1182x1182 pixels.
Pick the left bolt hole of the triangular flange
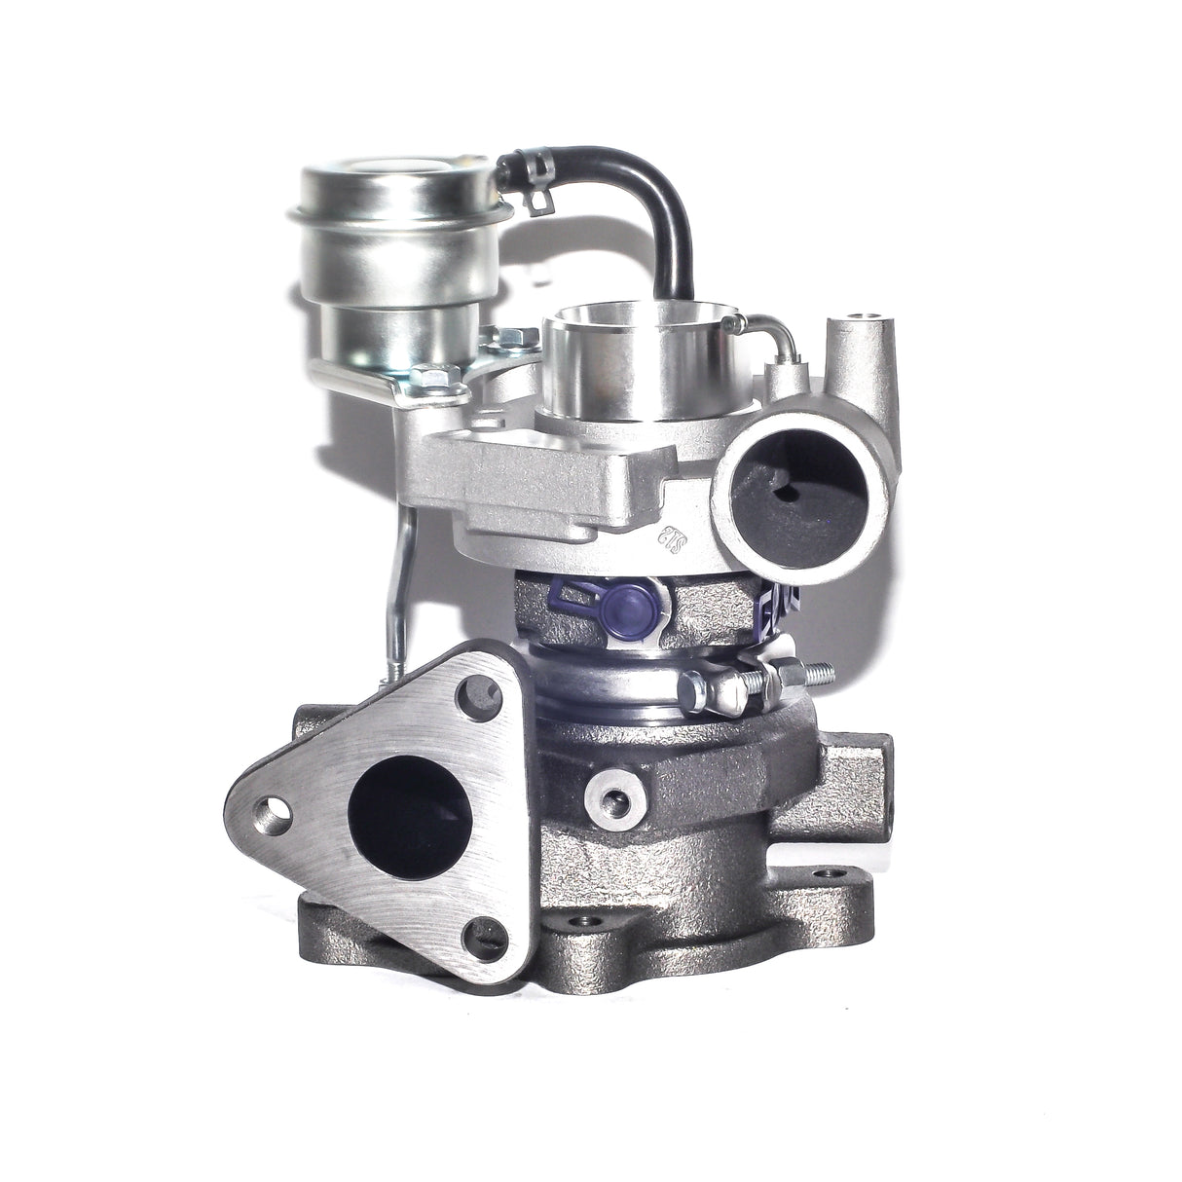[x=270, y=808]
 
